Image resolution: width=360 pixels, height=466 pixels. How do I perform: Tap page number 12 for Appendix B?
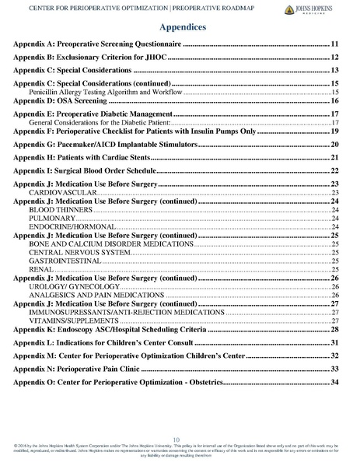point(334,58)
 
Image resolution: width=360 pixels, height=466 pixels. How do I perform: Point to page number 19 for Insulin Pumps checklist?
point(334,133)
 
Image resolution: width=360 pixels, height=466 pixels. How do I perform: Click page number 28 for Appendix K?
point(334,331)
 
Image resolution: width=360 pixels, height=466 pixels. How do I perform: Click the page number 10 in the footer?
point(180,440)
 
